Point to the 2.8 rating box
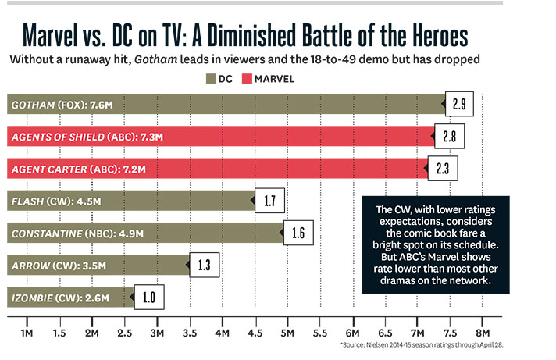450,137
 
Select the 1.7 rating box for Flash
269,201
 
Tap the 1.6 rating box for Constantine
298,233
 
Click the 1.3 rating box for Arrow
204,266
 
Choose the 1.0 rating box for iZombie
148,298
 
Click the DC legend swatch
212,77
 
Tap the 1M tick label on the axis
26,333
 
